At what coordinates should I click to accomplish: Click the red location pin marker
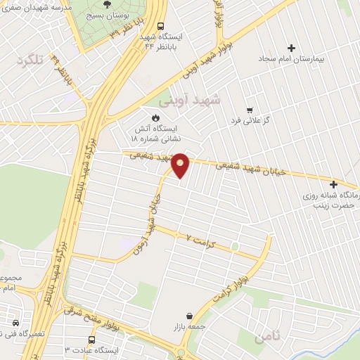point(181,165)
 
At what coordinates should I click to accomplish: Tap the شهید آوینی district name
point(189,101)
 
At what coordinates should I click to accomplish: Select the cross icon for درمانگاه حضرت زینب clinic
point(333,184)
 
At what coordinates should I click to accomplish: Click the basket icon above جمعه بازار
point(189,316)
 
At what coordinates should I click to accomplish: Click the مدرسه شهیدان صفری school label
point(39,6)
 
